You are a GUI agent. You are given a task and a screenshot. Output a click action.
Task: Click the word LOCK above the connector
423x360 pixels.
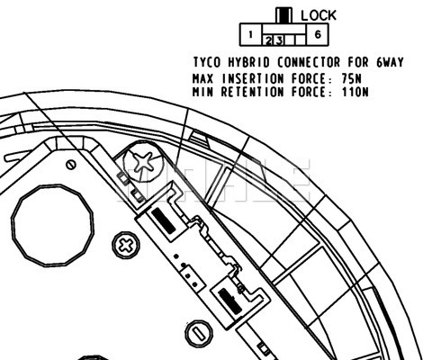319,15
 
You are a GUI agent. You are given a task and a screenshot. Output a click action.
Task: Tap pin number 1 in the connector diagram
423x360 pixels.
250,35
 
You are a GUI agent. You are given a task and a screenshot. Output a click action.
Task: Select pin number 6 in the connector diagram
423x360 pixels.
318,34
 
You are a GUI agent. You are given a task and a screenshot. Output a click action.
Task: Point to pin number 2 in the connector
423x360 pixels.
268,40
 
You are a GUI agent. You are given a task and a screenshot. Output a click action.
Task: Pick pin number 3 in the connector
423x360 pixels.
279,40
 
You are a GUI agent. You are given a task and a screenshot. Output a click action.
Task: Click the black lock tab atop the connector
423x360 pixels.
283,16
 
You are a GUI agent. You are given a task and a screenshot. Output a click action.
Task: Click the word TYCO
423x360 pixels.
207,62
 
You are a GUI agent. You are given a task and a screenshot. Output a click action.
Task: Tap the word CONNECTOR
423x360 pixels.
309,62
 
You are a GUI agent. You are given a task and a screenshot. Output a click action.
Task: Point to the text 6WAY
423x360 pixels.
390,62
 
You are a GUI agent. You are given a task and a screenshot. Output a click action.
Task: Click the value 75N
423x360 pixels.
351,79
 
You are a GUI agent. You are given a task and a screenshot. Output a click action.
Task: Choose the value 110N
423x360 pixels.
355,92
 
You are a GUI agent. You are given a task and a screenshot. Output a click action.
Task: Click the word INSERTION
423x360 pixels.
253,79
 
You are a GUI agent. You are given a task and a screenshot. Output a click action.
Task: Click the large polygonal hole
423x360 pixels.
52,226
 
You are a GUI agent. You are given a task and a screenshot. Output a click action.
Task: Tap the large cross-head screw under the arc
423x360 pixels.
143,161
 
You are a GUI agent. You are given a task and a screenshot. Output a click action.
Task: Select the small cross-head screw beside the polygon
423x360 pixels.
126,246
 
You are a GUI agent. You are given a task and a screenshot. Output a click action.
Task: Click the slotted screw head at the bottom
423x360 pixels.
199,334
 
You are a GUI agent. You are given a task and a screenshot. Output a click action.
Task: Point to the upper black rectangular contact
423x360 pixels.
163,220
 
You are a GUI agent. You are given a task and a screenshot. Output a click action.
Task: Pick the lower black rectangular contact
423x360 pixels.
230,301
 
